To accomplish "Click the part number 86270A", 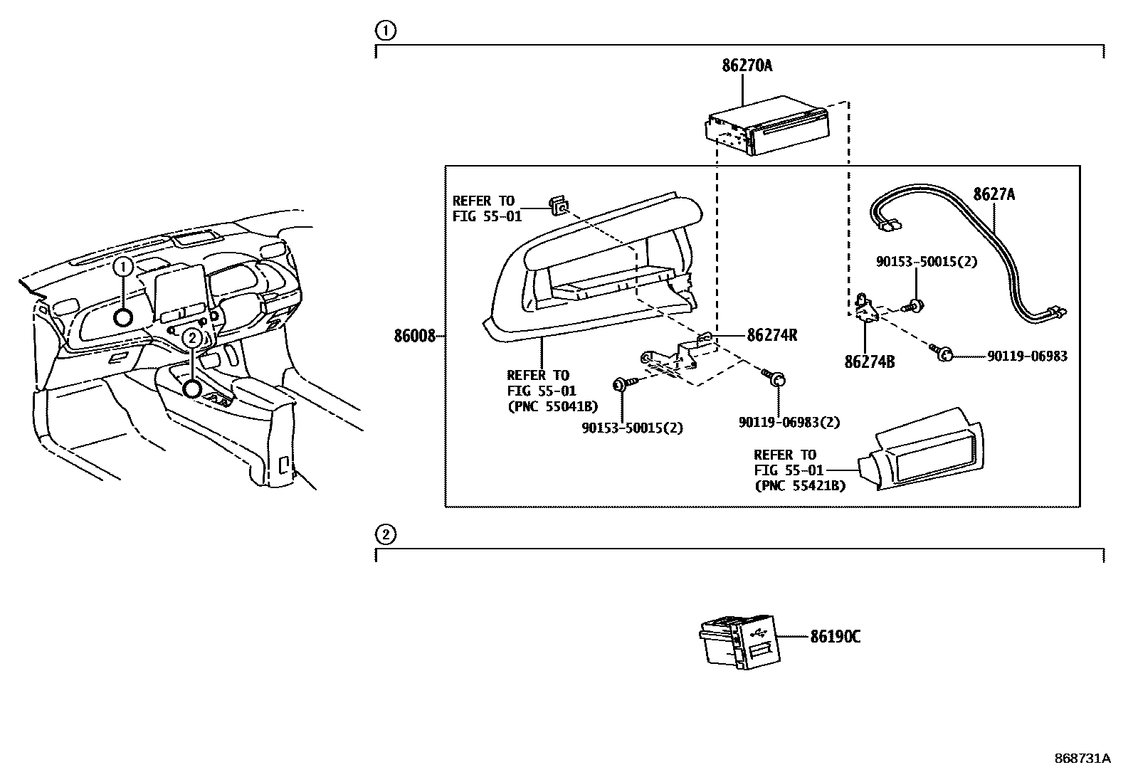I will click(747, 66).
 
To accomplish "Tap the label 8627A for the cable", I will click(994, 194).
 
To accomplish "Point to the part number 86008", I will click(414, 336).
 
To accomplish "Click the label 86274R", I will click(771, 336).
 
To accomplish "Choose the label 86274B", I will click(869, 362).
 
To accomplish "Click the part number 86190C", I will click(835, 637).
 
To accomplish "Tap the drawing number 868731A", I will click(1082, 759).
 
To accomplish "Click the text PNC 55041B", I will click(552, 407).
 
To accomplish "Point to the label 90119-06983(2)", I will click(789, 422).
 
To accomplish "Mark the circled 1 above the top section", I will click(384, 31).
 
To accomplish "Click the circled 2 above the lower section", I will click(384, 534).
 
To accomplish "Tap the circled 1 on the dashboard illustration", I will click(124, 267).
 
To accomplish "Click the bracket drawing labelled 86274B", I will click(865, 307).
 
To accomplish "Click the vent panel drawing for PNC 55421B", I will click(922, 450).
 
